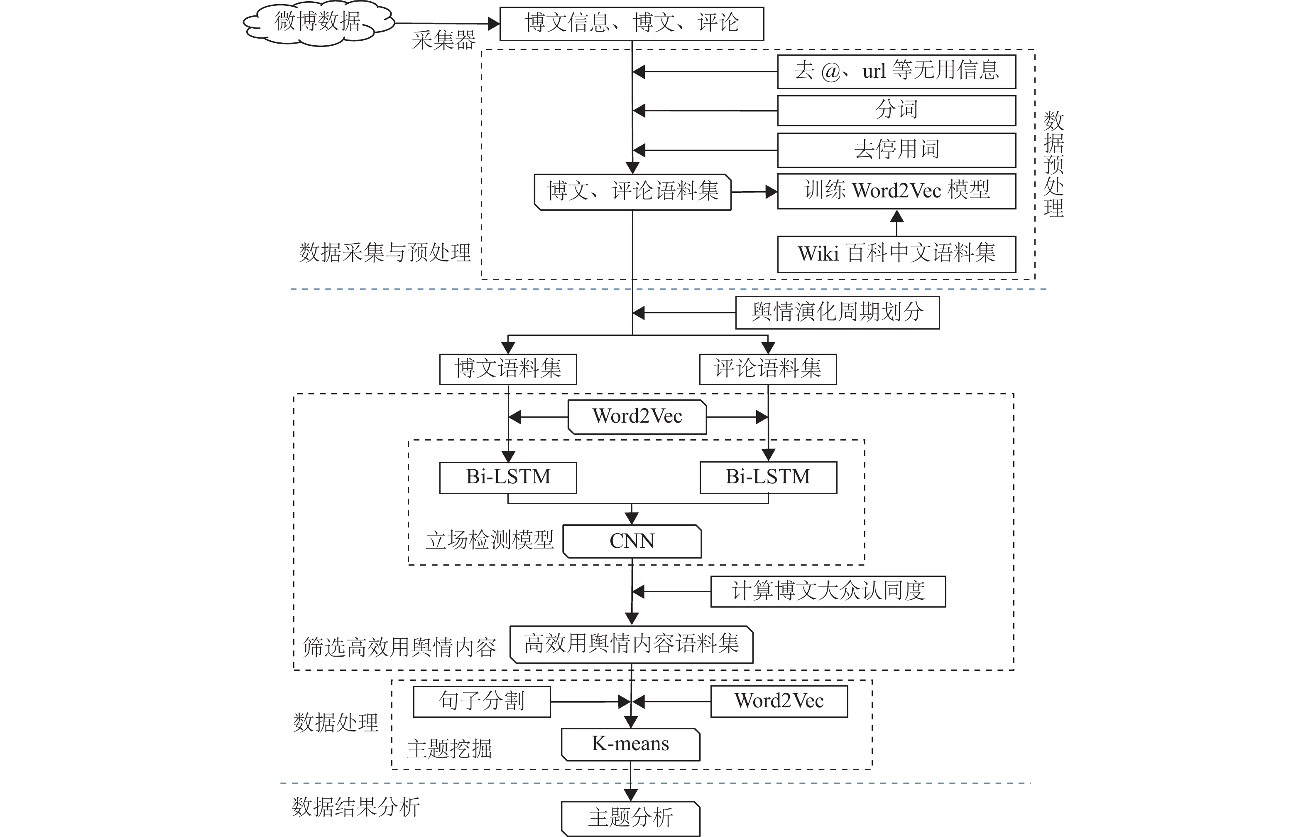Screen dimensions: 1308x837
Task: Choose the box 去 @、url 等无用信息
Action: point(897,71)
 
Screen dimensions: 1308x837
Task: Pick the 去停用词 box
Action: point(897,150)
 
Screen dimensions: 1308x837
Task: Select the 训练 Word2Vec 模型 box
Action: point(897,191)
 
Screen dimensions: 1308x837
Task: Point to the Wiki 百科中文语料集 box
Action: point(897,254)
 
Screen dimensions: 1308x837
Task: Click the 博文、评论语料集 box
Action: point(633,192)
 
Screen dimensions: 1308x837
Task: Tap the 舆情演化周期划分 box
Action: point(838,313)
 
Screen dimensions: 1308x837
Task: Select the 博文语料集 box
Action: point(508,369)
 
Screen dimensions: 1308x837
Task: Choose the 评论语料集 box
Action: point(768,369)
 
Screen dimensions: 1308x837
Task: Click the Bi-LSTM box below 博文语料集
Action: point(508,478)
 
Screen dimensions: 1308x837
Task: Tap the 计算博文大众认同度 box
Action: point(828,591)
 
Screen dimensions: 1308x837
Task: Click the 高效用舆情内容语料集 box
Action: point(632,645)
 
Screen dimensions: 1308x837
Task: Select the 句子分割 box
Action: point(482,702)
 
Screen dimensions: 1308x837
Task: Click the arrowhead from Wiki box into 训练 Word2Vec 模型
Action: point(897,216)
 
